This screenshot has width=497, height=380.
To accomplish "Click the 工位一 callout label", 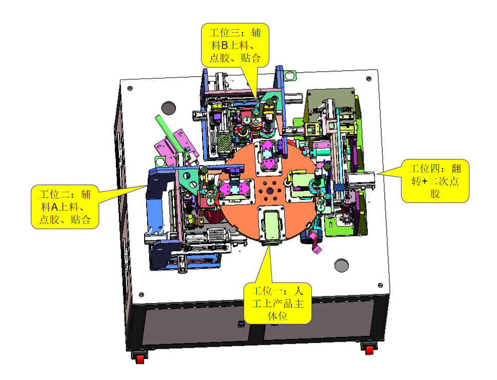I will (x=277, y=303).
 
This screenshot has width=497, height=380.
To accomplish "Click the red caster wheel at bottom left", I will (x=140, y=359).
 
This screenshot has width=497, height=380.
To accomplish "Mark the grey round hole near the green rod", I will (x=168, y=108).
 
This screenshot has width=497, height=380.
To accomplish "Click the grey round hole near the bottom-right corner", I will (x=341, y=265).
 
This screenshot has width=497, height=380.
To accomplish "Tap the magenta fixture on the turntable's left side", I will (x=234, y=190).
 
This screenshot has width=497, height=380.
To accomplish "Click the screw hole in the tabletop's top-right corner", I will (x=369, y=78).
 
